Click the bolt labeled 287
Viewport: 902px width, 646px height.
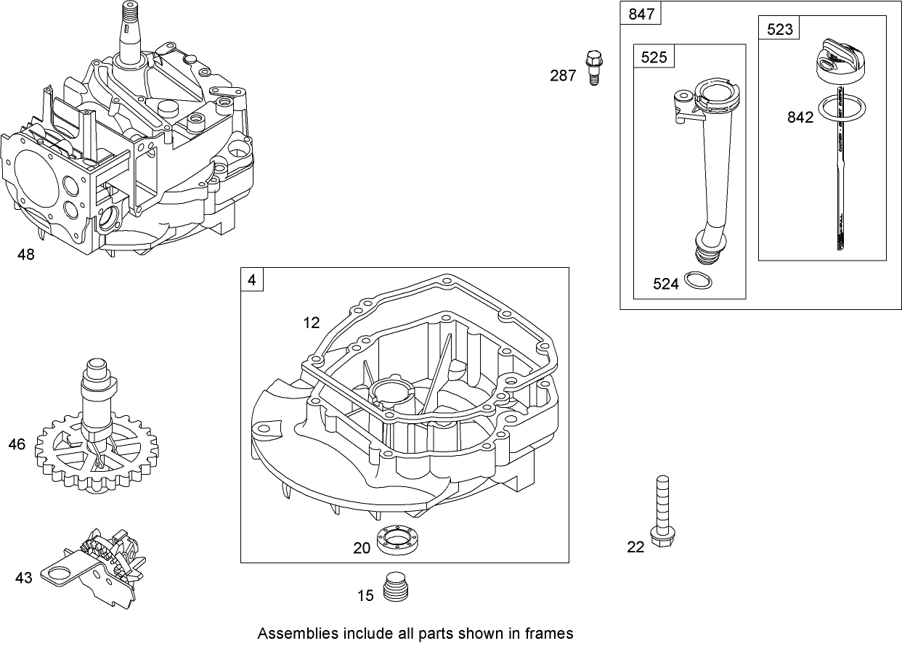[593, 68]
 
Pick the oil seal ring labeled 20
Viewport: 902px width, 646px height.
[397, 542]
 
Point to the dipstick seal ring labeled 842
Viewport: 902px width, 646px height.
[842, 109]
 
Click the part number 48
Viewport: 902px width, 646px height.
[25, 255]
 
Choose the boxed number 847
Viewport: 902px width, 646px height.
[641, 14]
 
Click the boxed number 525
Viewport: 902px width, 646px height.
[654, 57]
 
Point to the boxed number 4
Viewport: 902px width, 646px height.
[251, 279]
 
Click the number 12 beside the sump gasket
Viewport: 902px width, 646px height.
[311, 323]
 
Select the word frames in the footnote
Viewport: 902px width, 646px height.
[550, 633]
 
